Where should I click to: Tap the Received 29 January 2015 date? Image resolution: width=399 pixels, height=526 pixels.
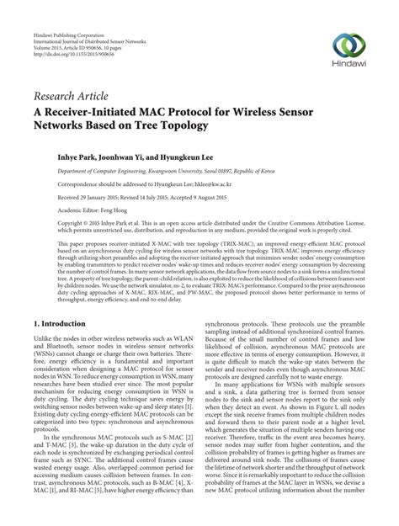81,195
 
